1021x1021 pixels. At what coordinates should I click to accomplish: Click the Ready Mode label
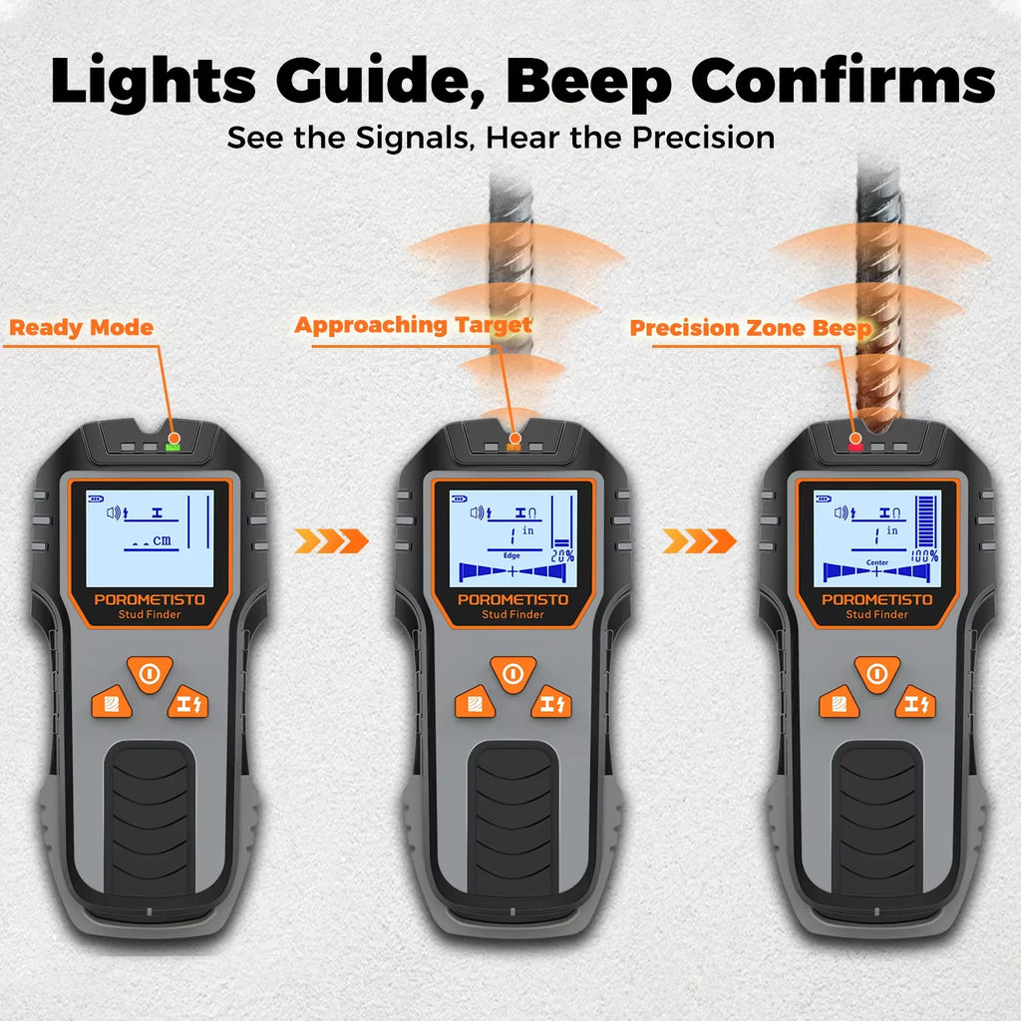[82, 328]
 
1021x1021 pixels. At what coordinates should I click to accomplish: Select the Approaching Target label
[413, 326]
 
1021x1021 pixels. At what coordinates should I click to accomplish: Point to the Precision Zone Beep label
[751, 328]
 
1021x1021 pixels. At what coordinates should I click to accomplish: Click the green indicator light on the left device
[173, 440]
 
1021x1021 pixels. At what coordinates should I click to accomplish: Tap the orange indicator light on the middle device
[514, 440]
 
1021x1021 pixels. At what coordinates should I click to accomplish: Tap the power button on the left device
[150, 674]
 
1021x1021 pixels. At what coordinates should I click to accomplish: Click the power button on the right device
[876, 674]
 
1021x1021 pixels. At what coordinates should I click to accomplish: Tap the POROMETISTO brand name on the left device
[150, 599]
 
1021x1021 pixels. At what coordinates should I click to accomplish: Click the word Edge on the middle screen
[511, 555]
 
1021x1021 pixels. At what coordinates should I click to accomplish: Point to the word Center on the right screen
[876, 562]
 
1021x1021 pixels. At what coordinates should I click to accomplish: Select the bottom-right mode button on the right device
[914, 703]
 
